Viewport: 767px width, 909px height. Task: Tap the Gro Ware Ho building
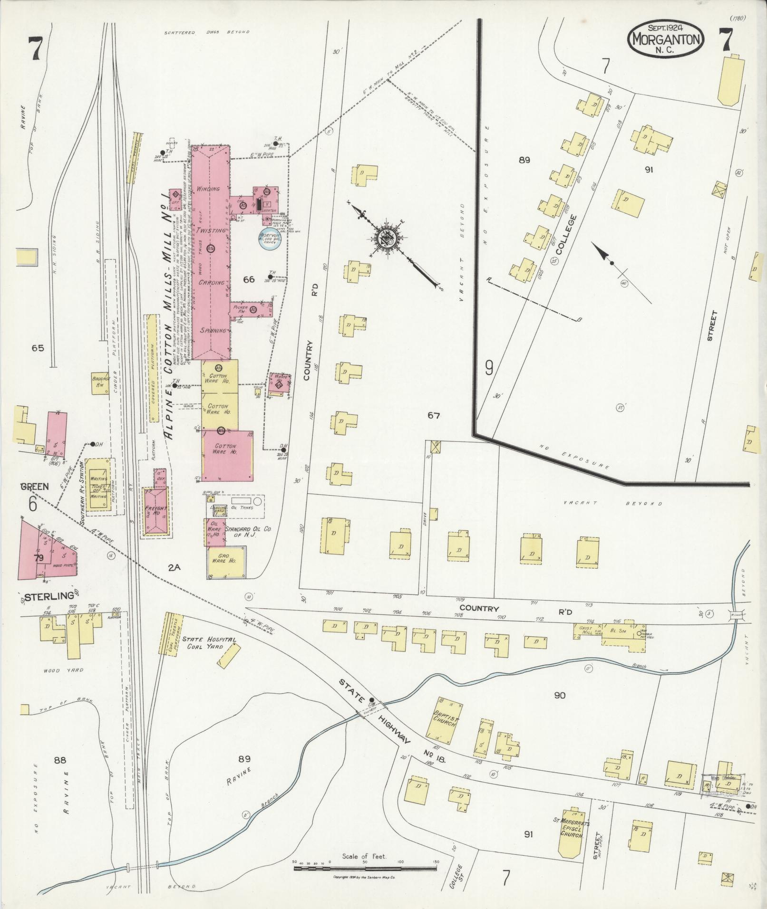[227, 561]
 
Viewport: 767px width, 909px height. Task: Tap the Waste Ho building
[279, 384]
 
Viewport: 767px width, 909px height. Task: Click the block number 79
[39, 557]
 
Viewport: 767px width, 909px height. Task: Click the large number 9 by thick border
[489, 368]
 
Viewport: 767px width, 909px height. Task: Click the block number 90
[560, 695]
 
